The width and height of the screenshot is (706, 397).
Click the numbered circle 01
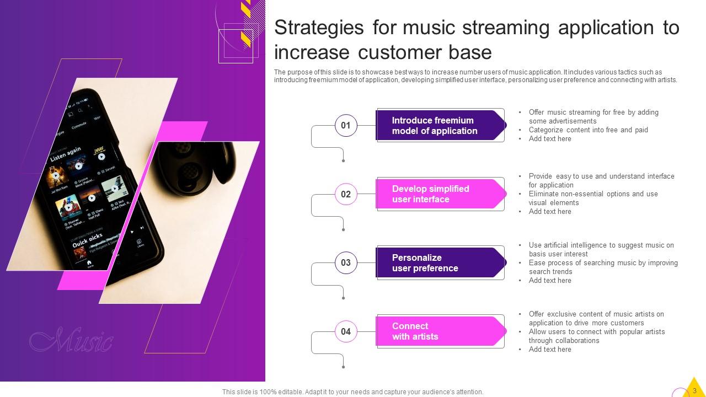point(346,125)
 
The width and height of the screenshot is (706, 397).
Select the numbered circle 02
point(346,194)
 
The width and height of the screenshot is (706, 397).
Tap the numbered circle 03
point(346,262)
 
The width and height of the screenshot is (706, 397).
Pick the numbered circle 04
point(346,331)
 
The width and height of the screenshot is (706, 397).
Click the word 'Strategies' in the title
point(319,28)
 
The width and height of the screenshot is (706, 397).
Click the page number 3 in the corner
point(694,390)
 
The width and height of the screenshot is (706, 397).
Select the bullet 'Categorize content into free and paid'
point(588,130)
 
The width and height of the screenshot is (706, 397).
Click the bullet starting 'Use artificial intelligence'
point(601,250)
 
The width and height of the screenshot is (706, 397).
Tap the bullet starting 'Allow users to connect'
point(596,336)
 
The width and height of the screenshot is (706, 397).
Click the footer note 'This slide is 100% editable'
point(352,392)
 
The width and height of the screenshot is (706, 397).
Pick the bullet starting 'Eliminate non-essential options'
point(593,198)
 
